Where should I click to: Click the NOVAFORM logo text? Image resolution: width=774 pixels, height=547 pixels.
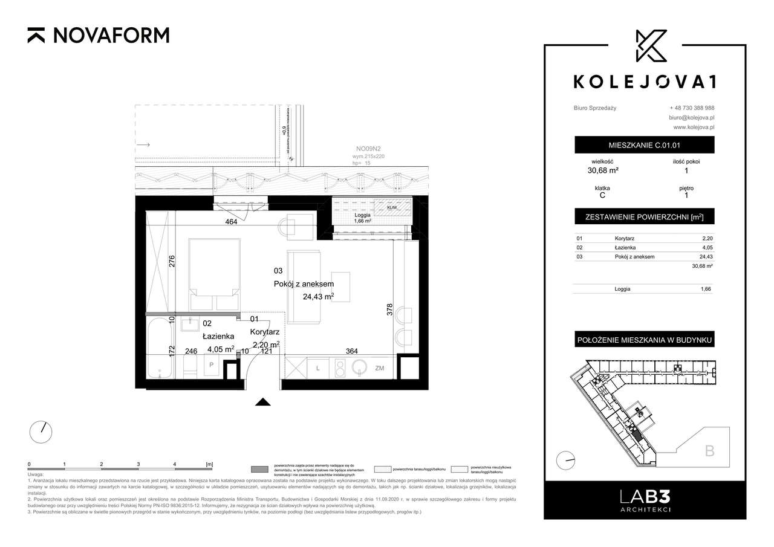[111, 36]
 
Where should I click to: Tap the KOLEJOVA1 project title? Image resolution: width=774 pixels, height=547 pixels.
[644, 82]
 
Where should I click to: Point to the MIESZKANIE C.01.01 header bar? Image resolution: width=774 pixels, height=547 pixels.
[644, 145]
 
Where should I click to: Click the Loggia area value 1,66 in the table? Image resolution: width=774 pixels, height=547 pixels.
[704, 290]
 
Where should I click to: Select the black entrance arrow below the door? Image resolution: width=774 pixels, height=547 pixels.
[262, 402]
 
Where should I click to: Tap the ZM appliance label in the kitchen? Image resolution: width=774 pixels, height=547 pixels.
[380, 367]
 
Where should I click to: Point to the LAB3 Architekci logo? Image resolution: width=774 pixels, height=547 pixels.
[644, 500]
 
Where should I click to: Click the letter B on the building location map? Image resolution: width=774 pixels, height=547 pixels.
[709, 450]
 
